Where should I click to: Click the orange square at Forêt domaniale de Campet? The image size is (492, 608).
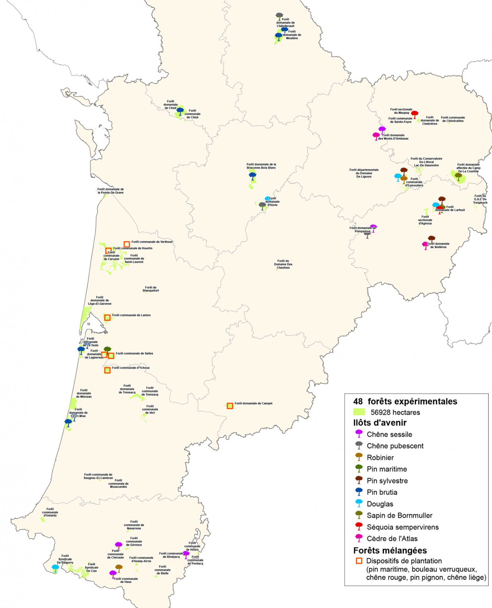click(x=230, y=406)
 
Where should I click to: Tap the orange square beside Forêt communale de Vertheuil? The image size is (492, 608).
click(x=127, y=244)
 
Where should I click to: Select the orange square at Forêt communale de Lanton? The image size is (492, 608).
click(x=107, y=317)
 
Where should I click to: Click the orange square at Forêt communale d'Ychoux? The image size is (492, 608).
click(x=107, y=370)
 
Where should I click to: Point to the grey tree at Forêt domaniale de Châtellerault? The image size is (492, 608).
click(x=279, y=16)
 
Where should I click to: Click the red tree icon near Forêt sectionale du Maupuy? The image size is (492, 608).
click(x=415, y=114)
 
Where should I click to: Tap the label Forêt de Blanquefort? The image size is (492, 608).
click(x=151, y=289)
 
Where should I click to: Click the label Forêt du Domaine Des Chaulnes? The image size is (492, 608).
click(x=283, y=265)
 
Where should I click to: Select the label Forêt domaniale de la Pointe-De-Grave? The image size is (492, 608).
click(x=111, y=191)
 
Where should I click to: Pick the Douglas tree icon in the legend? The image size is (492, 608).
click(x=359, y=503)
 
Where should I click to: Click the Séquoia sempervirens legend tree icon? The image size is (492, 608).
click(x=359, y=526)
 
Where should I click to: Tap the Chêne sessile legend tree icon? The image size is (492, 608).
click(x=359, y=433)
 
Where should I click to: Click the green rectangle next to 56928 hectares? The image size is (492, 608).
click(x=359, y=412)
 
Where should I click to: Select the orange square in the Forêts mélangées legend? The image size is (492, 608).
click(x=359, y=561)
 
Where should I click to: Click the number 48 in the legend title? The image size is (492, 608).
click(x=358, y=401)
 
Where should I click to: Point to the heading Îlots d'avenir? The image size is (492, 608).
click(x=380, y=423)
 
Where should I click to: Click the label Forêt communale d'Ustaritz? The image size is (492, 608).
click(x=50, y=512)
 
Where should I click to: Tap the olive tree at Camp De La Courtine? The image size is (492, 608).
click(x=458, y=176)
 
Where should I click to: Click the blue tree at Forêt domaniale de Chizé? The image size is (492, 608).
click(x=180, y=111)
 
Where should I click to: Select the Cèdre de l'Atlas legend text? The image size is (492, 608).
click(x=392, y=539)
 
